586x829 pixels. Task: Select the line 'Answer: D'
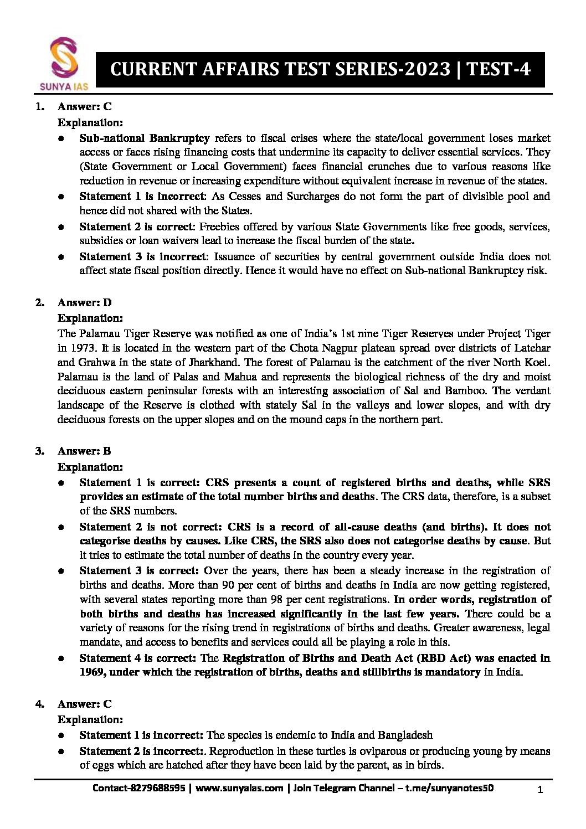84,302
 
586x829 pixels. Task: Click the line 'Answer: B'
84,451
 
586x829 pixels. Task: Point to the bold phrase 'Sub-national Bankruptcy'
144,138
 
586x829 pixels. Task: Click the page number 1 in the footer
540,790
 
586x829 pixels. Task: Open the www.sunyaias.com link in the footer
239,788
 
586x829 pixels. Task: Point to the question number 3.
40,451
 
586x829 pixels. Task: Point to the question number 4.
40,704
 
